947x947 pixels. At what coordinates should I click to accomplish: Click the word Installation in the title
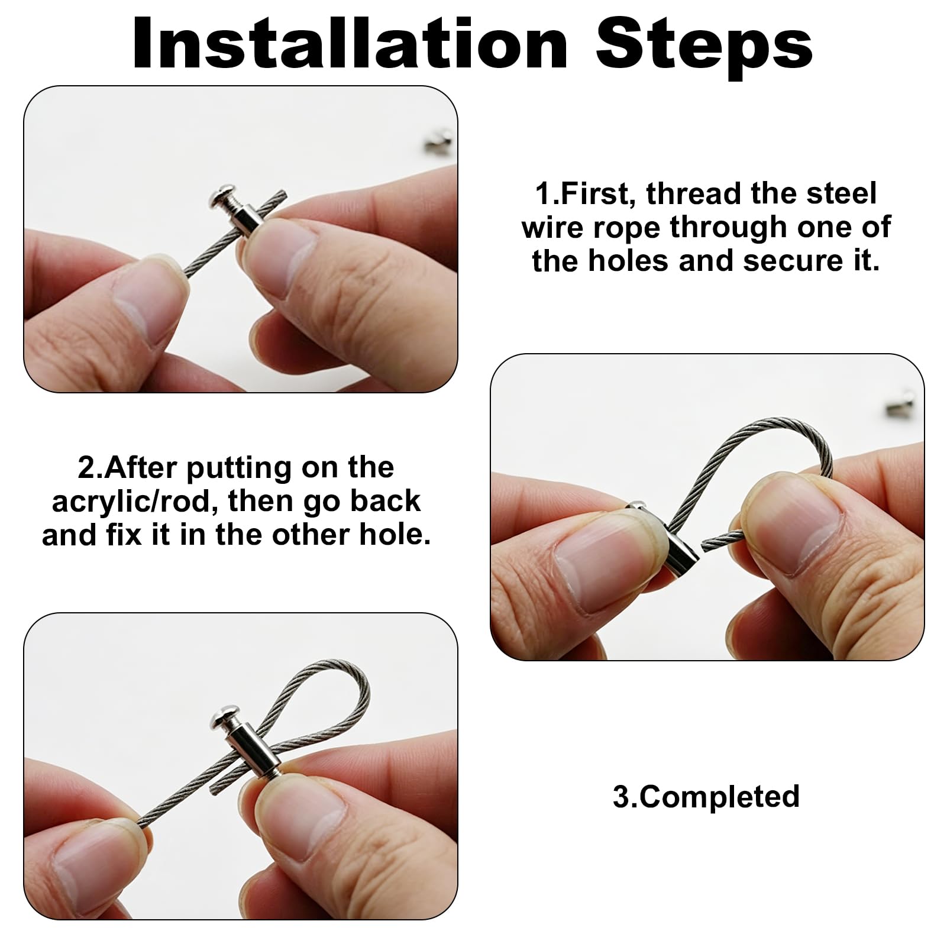(351, 44)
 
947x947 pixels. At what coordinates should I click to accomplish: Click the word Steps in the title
(704, 47)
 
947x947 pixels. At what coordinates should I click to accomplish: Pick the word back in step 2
(384, 501)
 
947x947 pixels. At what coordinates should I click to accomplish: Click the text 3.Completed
(706, 796)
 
